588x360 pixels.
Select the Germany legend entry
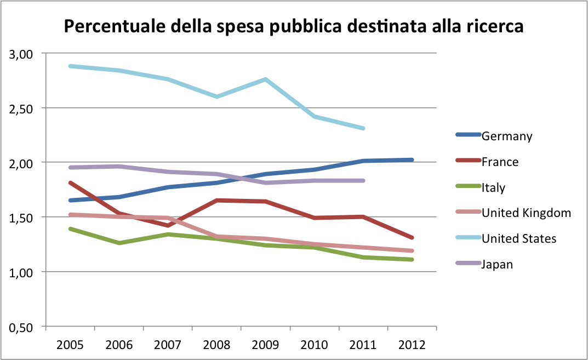point(507,136)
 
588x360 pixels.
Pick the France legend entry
point(500,162)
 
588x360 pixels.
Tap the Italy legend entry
point(493,187)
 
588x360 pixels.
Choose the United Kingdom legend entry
point(526,213)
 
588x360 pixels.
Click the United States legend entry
point(519,238)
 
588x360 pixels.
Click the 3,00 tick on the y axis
point(22,54)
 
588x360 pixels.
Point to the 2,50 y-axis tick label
point(22,108)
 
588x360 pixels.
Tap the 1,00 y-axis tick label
point(22,272)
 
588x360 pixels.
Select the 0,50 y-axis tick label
point(22,327)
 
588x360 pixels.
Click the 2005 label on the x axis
point(70,345)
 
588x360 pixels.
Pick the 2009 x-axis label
point(266,345)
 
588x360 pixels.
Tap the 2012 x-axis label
point(412,345)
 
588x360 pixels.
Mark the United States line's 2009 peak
point(266,79)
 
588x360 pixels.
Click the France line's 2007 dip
point(168,225)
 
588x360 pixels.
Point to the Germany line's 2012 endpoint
point(412,160)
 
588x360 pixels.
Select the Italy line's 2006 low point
point(119,243)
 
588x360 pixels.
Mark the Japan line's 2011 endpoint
point(363,180)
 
